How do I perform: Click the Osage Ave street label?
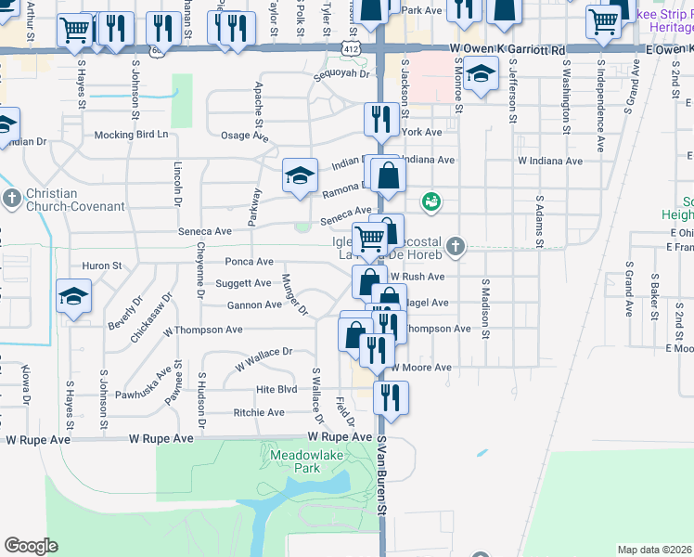pyautogui.click(x=244, y=136)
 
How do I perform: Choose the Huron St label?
pyautogui.click(x=103, y=266)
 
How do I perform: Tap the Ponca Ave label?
pyautogui.click(x=249, y=262)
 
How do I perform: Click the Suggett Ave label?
pyautogui.click(x=243, y=283)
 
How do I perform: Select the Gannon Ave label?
pyautogui.click(x=254, y=304)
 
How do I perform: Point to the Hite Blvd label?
pyautogui.click(x=276, y=390)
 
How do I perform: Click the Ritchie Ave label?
pyautogui.click(x=259, y=412)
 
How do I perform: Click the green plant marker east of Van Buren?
pyautogui.click(x=431, y=201)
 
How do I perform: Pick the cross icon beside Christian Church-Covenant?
pyautogui.click(x=11, y=199)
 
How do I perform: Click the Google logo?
pyautogui.click(x=31, y=545)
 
